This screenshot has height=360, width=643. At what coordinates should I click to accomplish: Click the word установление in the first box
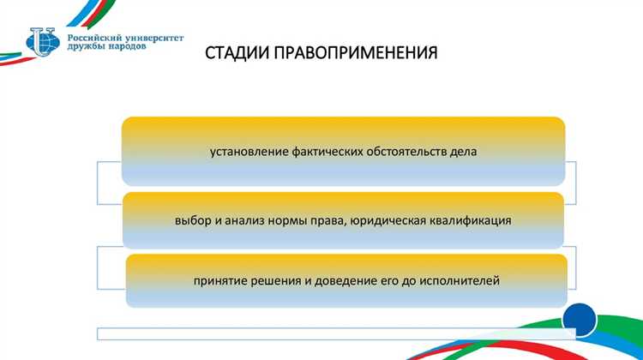[x=247, y=152]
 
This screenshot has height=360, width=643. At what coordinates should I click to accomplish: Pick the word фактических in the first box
[x=324, y=152]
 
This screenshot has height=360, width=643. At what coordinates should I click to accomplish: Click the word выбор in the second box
[x=191, y=220]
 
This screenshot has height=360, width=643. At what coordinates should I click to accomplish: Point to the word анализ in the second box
[x=243, y=220]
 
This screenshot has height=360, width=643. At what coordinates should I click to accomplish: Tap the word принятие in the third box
[x=219, y=280]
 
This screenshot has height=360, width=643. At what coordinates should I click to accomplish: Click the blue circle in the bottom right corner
[x=580, y=318]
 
